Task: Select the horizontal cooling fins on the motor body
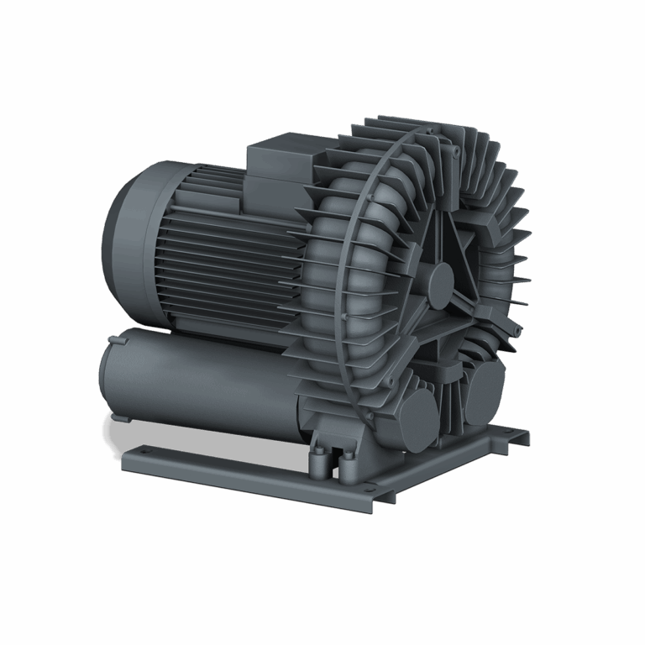click(227, 260)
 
